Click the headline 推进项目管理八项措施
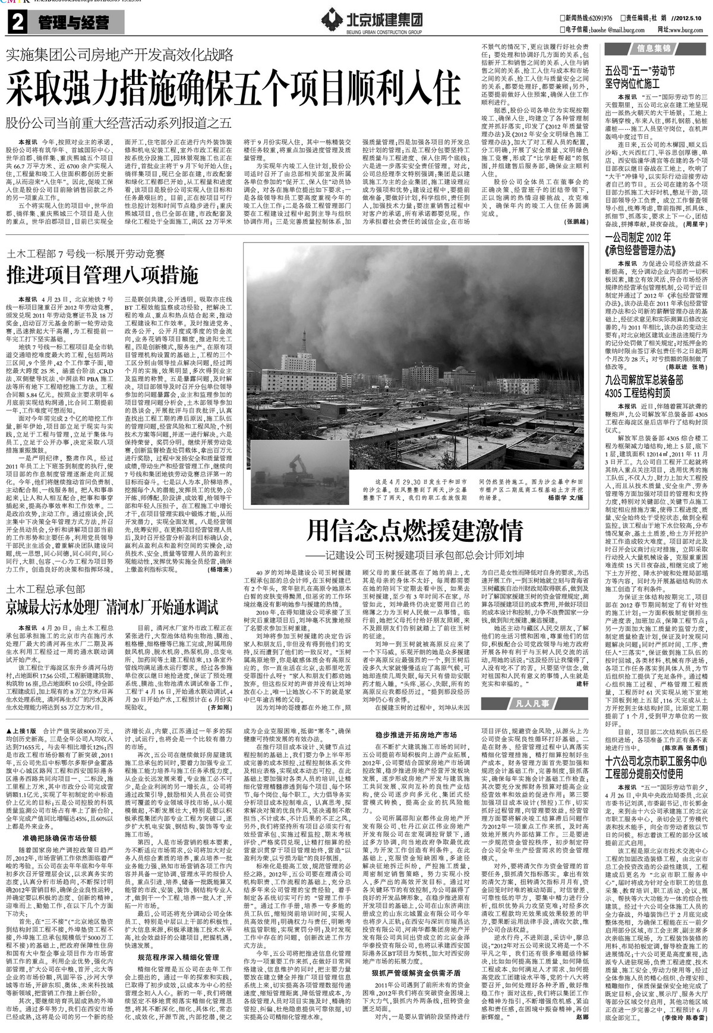(102, 275)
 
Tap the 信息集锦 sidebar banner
(654, 48)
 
